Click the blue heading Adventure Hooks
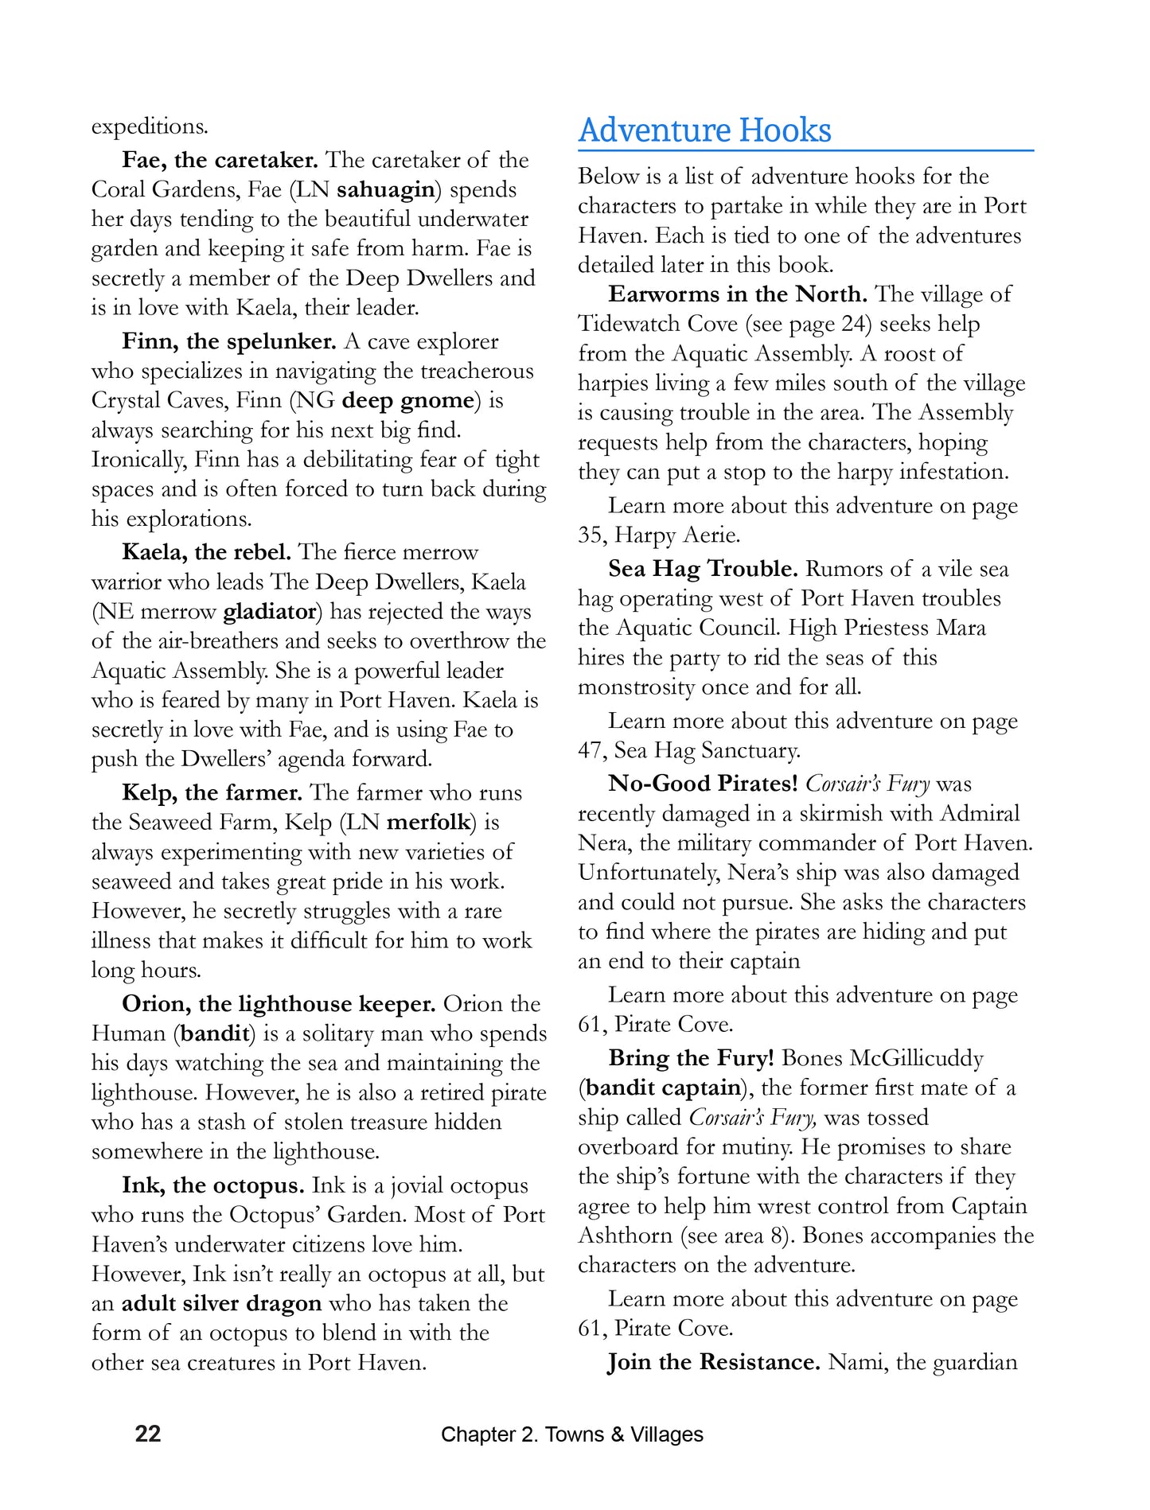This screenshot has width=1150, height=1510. point(704,130)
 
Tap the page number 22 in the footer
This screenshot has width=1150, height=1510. point(148,1434)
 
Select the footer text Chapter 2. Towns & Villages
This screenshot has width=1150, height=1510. point(571,1434)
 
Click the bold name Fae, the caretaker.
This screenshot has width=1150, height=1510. point(220,160)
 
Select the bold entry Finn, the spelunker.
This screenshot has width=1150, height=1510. point(230,341)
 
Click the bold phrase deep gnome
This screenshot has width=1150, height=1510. point(407,400)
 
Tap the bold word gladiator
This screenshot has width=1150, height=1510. point(270,611)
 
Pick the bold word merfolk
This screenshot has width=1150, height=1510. point(429,822)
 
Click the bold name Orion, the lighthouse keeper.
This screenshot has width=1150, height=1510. point(279,1004)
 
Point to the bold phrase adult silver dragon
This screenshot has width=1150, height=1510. point(221,1303)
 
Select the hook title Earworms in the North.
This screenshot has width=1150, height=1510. point(738,294)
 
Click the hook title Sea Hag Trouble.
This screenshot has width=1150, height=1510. point(703,569)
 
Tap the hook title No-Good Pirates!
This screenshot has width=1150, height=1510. point(703,784)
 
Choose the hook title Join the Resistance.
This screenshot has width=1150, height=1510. point(714,1362)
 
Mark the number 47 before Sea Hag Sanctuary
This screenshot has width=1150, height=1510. point(590,750)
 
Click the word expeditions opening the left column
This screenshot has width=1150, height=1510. point(150,126)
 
